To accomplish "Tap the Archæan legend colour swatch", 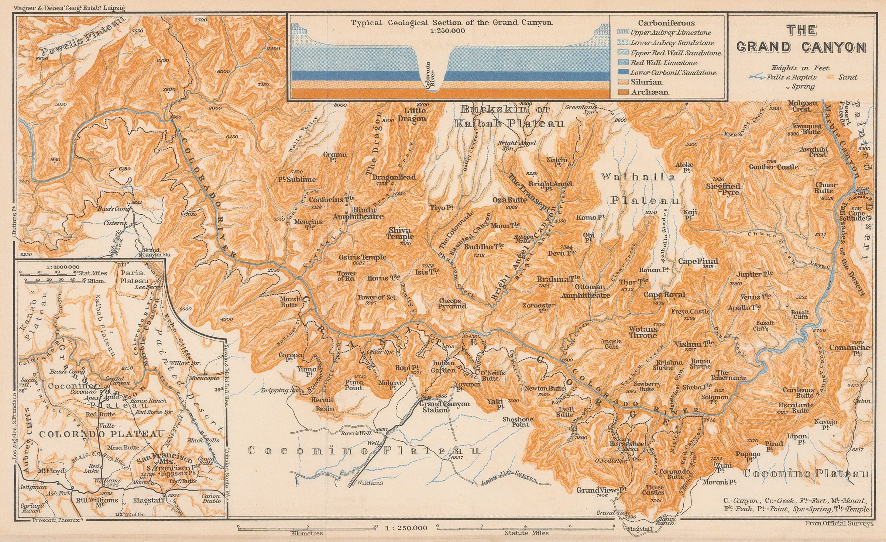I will (x=623, y=92).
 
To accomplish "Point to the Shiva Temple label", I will (x=401, y=234).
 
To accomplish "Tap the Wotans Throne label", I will (x=643, y=332).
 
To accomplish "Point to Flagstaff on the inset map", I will (x=151, y=501).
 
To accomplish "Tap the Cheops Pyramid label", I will (x=452, y=303).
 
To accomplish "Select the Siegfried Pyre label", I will (x=723, y=189).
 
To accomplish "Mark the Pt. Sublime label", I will (x=297, y=180).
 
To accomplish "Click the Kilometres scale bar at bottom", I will (x=306, y=528).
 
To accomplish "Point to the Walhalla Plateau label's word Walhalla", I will (x=638, y=177).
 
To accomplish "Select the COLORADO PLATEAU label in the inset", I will (x=101, y=434).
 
